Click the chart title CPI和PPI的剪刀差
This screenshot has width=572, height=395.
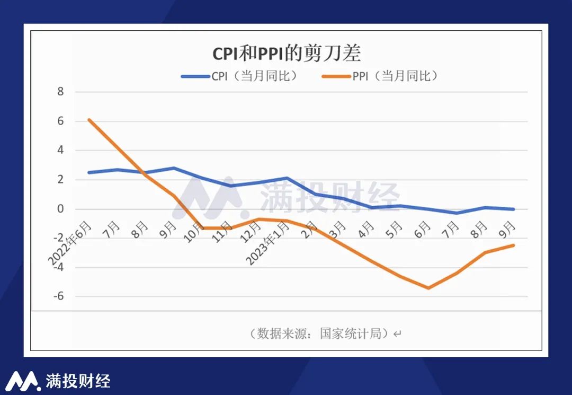286,54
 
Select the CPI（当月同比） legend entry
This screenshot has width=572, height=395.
239,76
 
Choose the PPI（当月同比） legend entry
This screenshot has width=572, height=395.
380,76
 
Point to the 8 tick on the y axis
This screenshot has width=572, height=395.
60,92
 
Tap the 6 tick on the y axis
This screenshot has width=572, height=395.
60,121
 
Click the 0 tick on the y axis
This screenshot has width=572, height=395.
60,209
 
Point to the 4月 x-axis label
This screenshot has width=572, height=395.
365,229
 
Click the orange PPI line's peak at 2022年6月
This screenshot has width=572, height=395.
89,120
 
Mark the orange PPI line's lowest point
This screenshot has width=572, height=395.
428,288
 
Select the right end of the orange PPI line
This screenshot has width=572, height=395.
513,245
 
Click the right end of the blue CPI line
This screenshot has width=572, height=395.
513,209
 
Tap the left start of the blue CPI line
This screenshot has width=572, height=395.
89,172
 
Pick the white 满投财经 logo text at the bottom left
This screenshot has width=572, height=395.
78,381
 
